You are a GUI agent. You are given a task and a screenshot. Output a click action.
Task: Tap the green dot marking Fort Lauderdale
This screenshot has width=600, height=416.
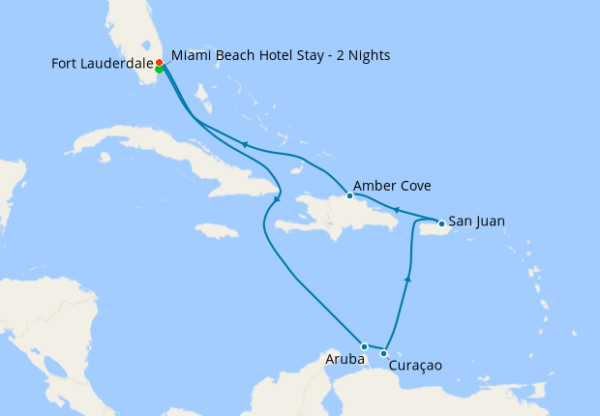[x=159, y=69]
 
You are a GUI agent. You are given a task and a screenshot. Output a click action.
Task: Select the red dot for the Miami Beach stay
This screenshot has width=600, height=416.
[x=160, y=62]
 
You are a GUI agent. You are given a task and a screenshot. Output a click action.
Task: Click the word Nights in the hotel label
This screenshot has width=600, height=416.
[x=365, y=55]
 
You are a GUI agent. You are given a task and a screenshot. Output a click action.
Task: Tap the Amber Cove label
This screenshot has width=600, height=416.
[x=392, y=186]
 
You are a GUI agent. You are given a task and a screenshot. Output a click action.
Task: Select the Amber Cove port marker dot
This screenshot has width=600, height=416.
[x=350, y=195]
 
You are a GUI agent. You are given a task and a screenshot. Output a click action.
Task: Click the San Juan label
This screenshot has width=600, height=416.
[x=476, y=221]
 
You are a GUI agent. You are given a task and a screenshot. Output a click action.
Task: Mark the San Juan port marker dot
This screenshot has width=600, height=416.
[x=442, y=224]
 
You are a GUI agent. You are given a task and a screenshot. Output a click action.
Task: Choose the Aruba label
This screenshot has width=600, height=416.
[x=346, y=359]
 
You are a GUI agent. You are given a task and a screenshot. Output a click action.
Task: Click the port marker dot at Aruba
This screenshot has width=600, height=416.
[x=364, y=345]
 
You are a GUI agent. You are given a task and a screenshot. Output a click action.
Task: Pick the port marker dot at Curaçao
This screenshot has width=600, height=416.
[x=384, y=353]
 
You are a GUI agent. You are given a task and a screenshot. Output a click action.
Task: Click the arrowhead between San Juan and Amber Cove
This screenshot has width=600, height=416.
[x=396, y=209]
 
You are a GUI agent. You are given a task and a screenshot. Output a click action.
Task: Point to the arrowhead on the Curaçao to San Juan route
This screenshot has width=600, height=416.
[x=407, y=279]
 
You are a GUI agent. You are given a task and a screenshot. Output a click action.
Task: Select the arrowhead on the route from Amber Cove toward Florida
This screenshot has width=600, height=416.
[x=246, y=145]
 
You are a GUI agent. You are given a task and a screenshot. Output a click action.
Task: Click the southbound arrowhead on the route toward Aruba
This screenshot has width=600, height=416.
[x=277, y=200]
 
